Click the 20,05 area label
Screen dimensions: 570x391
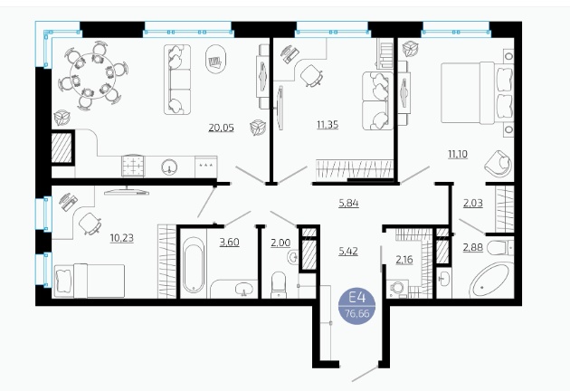(x=221, y=128)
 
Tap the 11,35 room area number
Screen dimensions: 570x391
(x=328, y=125)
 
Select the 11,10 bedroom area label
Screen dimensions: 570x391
(x=458, y=154)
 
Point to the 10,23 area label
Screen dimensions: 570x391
(x=122, y=238)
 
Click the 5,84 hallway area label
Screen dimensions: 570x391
(x=348, y=203)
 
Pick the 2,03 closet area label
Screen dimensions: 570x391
(x=473, y=203)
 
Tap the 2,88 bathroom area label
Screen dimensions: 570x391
(x=473, y=248)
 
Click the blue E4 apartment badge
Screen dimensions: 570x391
(x=356, y=305)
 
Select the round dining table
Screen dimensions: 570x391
(x=92, y=76)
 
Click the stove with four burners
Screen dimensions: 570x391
(x=133, y=166)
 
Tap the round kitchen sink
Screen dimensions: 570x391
(x=169, y=167)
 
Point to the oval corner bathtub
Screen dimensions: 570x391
(x=489, y=281)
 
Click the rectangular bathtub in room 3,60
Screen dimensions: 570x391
(x=194, y=265)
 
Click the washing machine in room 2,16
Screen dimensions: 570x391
(x=397, y=289)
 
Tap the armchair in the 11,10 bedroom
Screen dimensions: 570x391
(x=499, y=164)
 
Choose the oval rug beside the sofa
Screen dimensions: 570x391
(x=215, y=60)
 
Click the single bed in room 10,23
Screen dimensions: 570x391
(x=90, y=281)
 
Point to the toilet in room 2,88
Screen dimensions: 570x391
(x=500, y=248)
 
